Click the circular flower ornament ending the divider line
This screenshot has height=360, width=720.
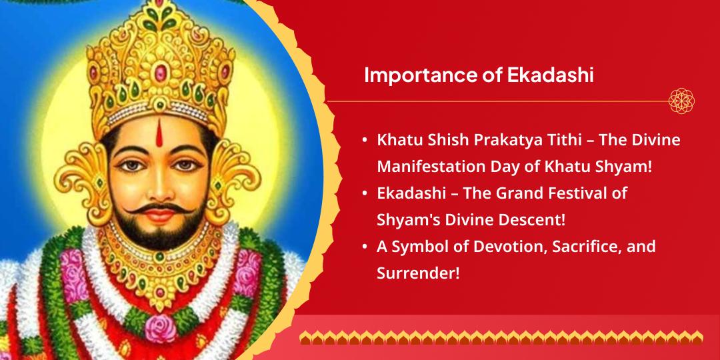[x=681, y=101]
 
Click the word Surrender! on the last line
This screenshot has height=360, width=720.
[x=418, y=273]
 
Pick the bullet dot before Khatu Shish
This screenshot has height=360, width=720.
[x=365, y=141]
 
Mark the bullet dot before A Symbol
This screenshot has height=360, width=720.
[x=365, y=247]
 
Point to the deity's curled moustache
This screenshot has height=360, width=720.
[x=159, y=209]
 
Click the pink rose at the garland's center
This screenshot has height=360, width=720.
[x=159, y=329]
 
